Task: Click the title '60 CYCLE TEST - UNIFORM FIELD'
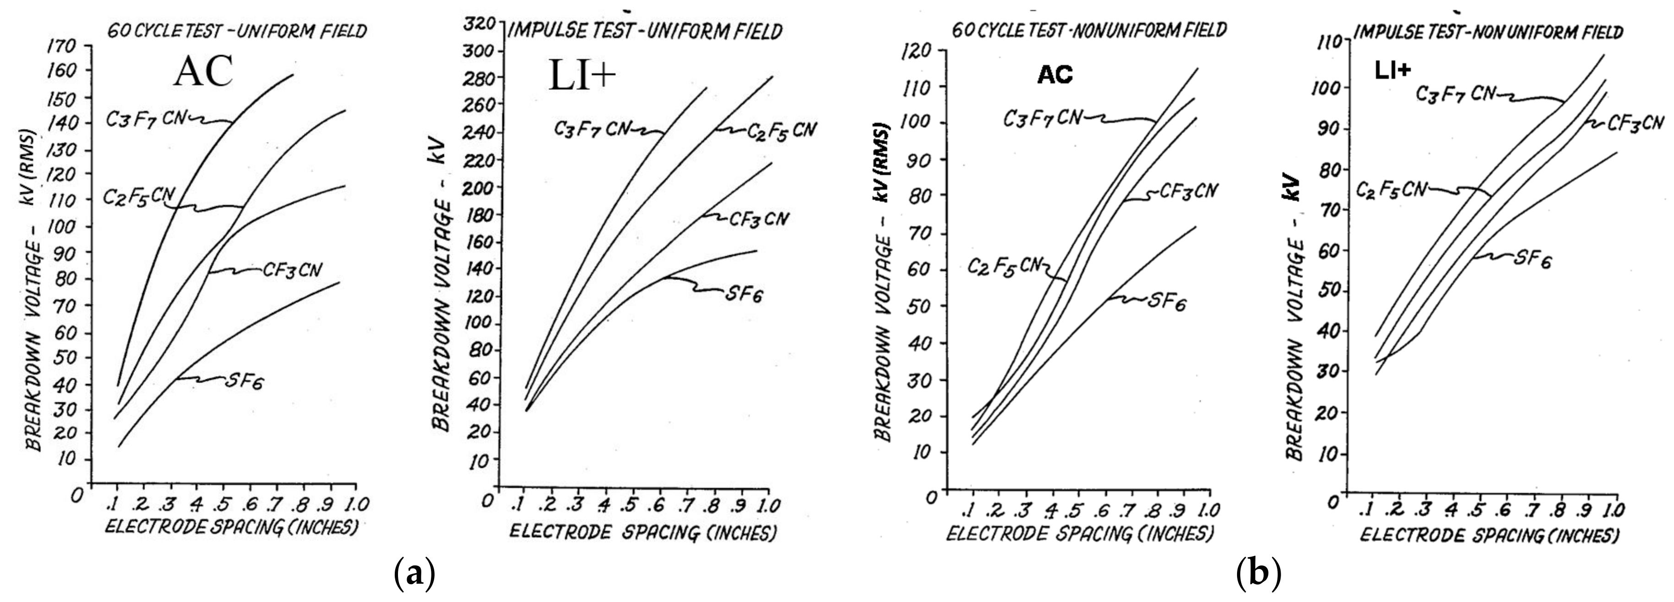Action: tap(237, 31)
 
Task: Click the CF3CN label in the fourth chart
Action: tap(1635, 123)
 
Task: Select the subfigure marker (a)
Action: tap(414, 574)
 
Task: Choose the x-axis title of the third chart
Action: tap(1079, 534)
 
